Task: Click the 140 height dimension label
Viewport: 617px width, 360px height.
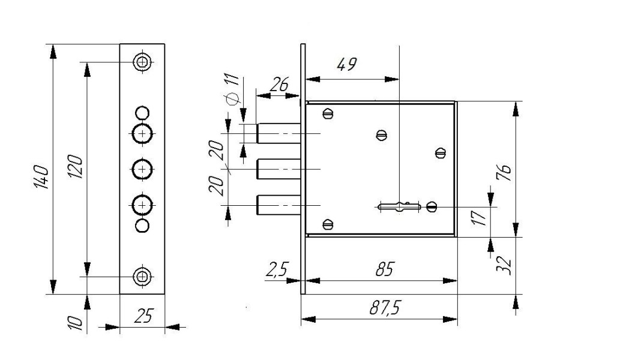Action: [x=41, y=177]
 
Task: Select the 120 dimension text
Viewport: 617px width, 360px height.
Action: [x=75, y=167]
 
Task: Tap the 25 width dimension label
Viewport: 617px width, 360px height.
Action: [x=143, y=316]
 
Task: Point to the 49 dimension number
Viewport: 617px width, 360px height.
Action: [x=347, y=65]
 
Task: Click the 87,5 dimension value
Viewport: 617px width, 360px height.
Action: [x=384, y=307]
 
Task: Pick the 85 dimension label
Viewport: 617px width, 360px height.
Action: [x=385, y=269]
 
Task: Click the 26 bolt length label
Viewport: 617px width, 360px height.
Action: [x=280, y=84]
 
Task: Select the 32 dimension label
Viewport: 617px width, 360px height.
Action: [x=504, y=266]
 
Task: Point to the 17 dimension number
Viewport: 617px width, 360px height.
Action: [x=479, y=218]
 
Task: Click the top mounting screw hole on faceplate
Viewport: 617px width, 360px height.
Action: [x=142, y=62]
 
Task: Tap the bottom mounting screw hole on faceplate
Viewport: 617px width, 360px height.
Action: [x=142, y=277]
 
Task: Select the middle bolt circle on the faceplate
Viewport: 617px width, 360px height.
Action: [x=142, y=169]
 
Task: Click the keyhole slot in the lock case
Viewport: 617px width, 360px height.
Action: [x=399, y=206]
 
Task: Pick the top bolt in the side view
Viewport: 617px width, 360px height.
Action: [x=279, y=133]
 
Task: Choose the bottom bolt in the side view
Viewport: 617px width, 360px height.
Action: [x=279, y=205]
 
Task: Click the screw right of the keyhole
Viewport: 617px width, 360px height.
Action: [x=432, y=206]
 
